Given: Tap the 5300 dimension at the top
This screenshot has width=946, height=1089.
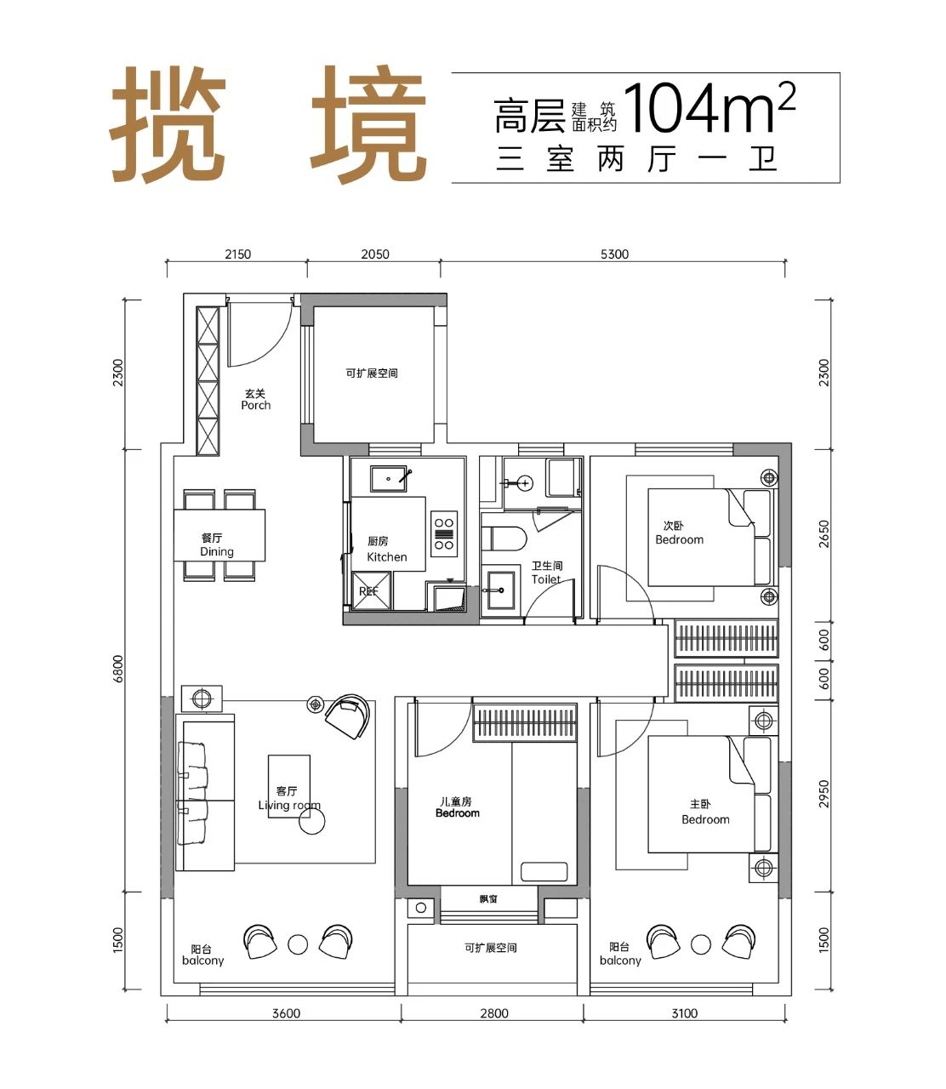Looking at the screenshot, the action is click(x=614, y=254).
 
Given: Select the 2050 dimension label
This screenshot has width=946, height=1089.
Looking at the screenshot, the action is click(x=375, y=254).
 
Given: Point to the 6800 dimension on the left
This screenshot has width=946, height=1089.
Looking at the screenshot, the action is click(x=118, y=669).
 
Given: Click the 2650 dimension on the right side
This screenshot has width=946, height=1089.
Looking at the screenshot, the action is click(x=823, y=533).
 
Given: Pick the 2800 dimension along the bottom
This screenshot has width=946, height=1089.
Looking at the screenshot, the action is click(x=494, y=1013).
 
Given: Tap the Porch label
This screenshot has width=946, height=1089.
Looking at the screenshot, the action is click(x=256, y=405).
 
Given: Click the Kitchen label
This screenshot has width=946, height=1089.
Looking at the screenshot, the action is click(x=387, y=556).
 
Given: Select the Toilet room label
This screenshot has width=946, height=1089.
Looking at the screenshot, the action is click(x=546, y=579).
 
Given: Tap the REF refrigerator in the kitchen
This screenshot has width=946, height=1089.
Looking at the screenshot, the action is click(x=372, y=590).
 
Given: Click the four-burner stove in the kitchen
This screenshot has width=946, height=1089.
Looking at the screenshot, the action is click(x=444, y=533).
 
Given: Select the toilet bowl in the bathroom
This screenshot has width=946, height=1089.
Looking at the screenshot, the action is click(x=504, y=539).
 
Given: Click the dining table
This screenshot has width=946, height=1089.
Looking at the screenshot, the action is click(x=219, y=535).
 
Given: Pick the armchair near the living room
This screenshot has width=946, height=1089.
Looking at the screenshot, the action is click(x=347, y=716).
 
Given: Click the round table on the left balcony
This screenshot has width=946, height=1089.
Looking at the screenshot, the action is click(x=298, y=944).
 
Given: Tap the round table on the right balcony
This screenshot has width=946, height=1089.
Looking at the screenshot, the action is click(x=701, y=944).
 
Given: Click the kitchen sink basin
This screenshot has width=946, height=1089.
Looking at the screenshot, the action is click(x=389, y=478).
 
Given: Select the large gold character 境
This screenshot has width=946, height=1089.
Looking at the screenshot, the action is click(x=369, y=125).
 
